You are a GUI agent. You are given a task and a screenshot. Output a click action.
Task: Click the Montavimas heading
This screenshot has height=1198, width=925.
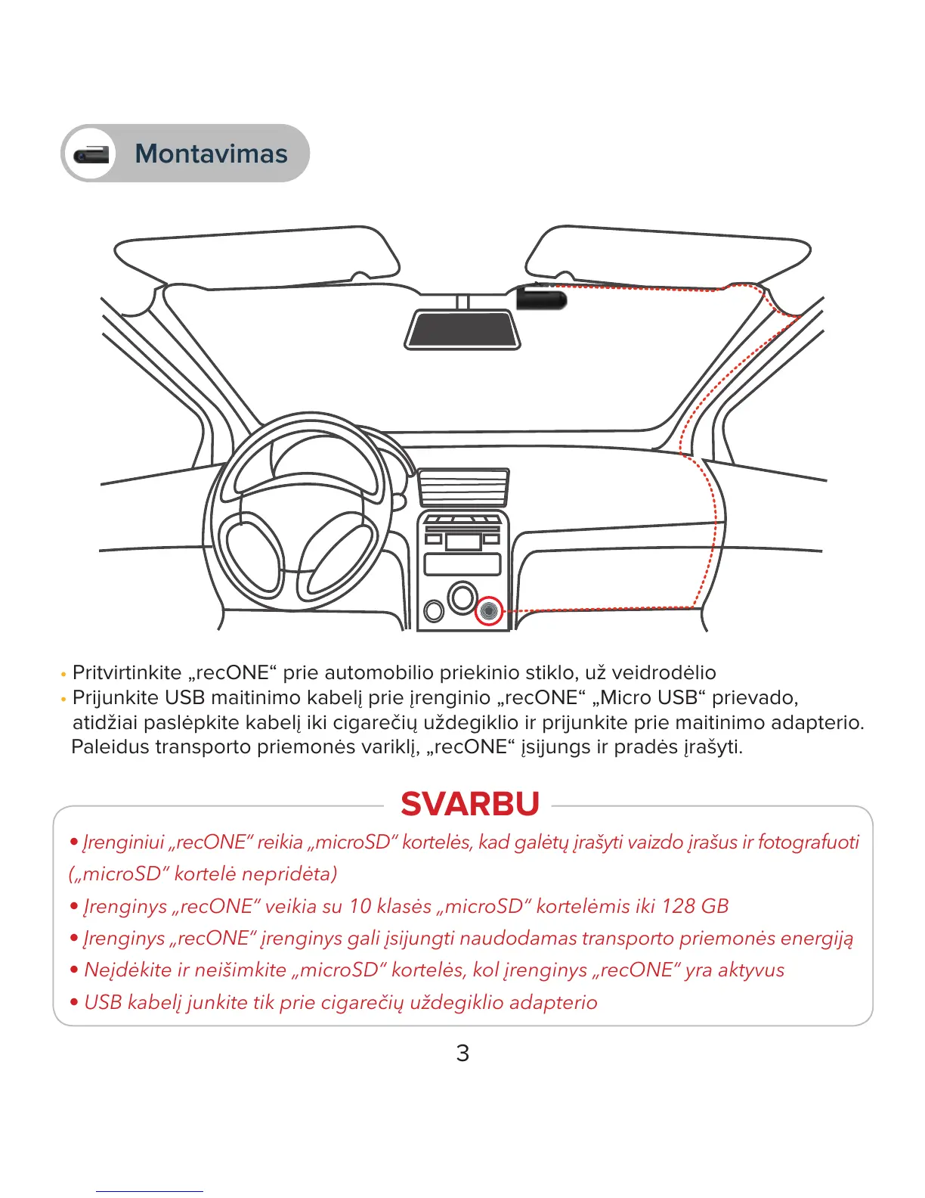click(x=211, y=154)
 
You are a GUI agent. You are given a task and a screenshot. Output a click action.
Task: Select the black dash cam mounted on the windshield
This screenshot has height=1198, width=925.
click(x=541, y=298)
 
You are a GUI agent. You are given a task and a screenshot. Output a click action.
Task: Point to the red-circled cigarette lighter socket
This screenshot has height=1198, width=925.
click(x=489, y=610)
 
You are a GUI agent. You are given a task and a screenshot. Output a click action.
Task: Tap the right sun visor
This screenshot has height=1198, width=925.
click(x=667, y=254)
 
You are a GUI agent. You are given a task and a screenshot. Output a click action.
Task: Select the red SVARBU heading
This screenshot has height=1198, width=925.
click(x=470, y=804)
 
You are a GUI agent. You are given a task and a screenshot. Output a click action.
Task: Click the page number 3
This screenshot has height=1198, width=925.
click(x=462, y=1053)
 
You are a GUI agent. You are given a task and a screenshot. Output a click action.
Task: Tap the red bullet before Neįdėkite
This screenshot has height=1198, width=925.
click(x=74, y=970)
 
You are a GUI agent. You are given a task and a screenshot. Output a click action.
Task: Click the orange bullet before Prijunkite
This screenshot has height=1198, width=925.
click(x=63, y=699)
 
